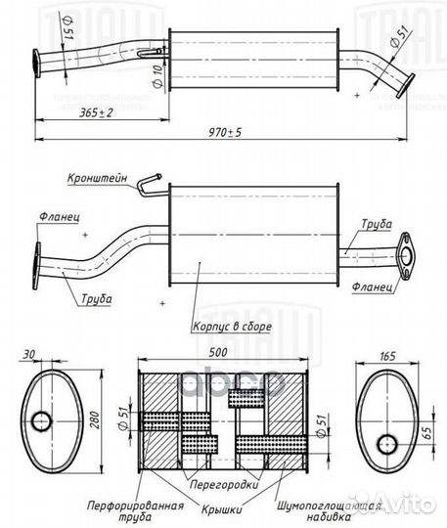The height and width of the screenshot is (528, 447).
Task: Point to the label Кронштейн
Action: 97,179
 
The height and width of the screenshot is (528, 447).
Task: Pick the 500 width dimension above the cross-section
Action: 218,352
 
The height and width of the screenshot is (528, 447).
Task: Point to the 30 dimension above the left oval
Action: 37,352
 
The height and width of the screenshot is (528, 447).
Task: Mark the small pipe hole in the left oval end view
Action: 41,422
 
